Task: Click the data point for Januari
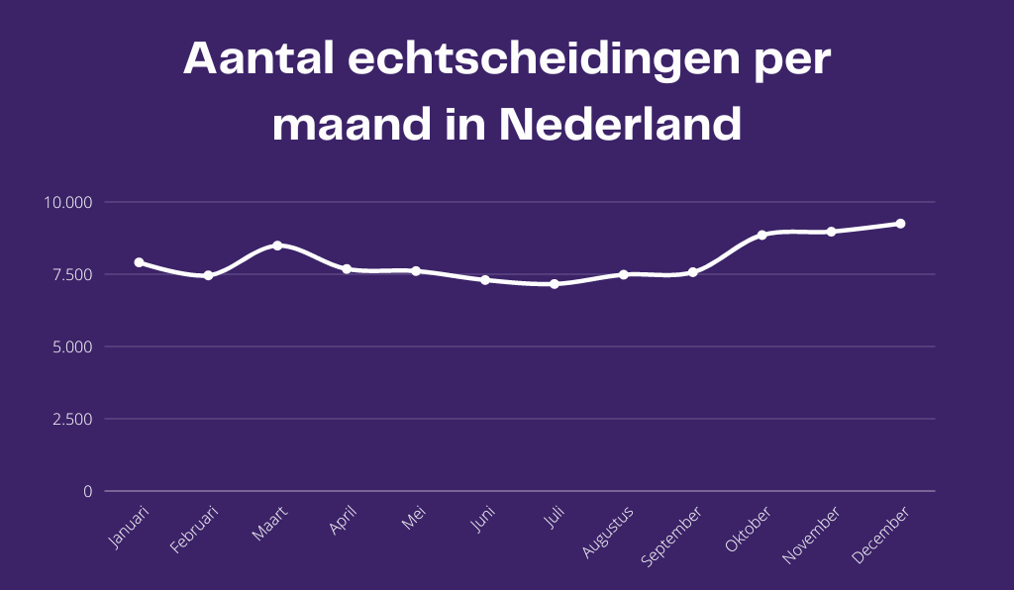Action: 139,262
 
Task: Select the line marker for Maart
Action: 277,246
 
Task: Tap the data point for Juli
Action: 555,284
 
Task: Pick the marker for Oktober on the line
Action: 762,235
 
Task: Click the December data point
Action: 900,224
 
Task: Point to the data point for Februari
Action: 208,275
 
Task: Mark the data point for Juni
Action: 485,280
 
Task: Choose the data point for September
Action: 693,271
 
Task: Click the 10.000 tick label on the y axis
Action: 67,202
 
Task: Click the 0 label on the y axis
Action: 87,491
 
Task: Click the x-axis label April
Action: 343,520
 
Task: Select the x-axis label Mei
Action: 414,517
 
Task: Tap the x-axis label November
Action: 811,536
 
